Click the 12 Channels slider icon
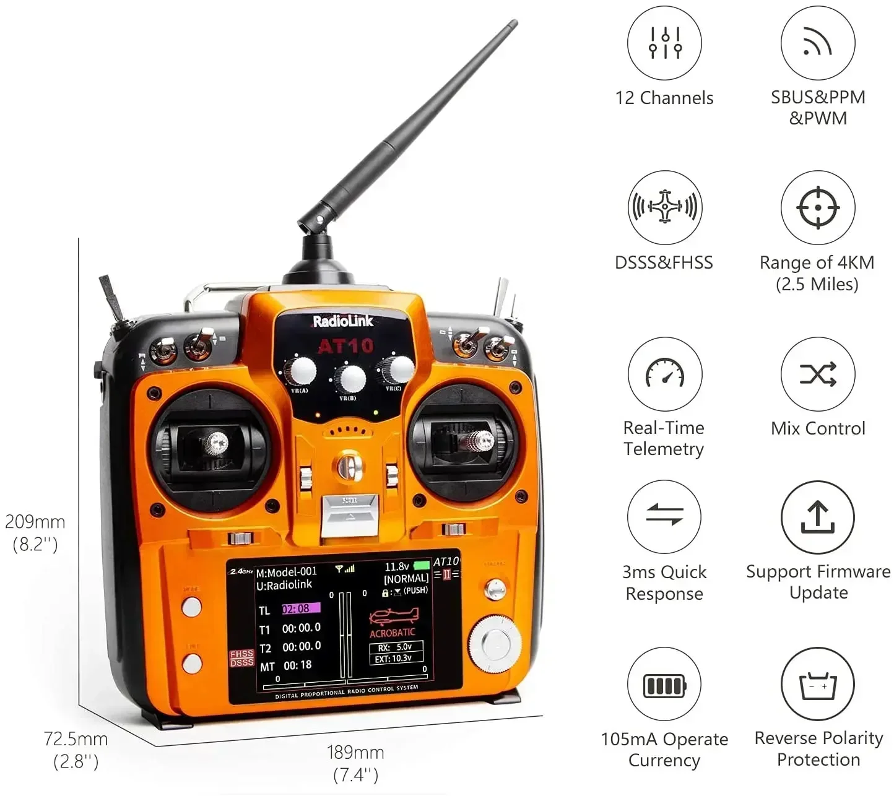click(x=664, y=43)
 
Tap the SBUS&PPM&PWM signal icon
click(x=817, y=43)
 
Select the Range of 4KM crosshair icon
click(x=817, y=207)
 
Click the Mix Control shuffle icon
click(x=817, y=374)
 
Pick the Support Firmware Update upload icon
click(x=817, y=517)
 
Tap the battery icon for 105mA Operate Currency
click(x=664, y=685)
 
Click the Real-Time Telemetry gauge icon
click(x=664, y=373)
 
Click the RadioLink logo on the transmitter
click(x=342, y=321)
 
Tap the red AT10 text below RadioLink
click(x=345, y=346)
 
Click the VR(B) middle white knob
click(x=350, y=378)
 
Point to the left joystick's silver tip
click(x=216, y=442)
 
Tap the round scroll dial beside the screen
click(x=495, y=644)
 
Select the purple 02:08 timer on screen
click(x=301, y=608)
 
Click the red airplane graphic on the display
click(x=394, y=616)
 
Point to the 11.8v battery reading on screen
click(x=397, y=566)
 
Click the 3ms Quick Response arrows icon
click(x=664, y=515)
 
